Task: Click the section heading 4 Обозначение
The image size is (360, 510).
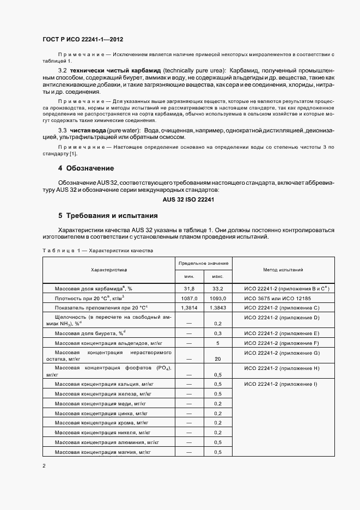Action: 86,167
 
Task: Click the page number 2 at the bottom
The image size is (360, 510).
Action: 43,466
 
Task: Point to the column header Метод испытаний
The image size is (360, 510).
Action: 283,270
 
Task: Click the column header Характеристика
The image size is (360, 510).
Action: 109,270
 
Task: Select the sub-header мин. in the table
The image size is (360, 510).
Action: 189,276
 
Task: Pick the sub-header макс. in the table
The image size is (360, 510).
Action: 218,276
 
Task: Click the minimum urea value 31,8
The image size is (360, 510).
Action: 189,288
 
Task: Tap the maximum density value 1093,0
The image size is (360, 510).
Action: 218,298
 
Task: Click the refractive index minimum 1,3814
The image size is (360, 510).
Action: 189,308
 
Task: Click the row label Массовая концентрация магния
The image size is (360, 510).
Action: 103,452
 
